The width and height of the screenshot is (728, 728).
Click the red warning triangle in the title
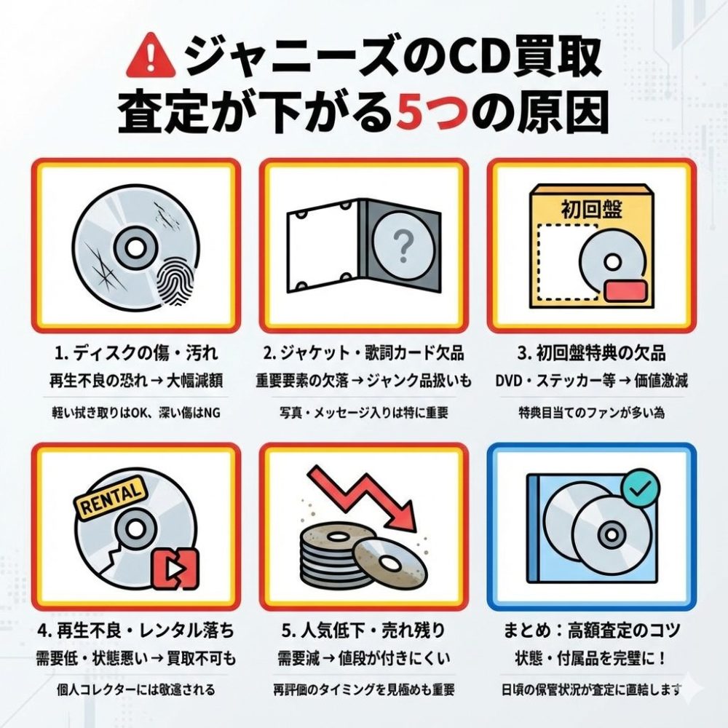151,61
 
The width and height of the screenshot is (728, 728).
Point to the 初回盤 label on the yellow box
591,210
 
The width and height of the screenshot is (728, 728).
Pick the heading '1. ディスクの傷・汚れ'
136,354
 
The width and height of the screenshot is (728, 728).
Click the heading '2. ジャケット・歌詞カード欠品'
363,354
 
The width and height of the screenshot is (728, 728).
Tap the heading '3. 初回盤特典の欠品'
591,354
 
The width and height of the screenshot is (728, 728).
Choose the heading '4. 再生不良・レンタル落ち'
136,631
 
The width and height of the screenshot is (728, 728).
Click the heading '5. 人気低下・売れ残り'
363,631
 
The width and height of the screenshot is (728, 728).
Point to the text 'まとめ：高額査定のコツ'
591,631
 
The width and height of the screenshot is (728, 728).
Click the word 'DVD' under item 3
510,381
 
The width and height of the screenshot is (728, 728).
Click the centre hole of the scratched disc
135,249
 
